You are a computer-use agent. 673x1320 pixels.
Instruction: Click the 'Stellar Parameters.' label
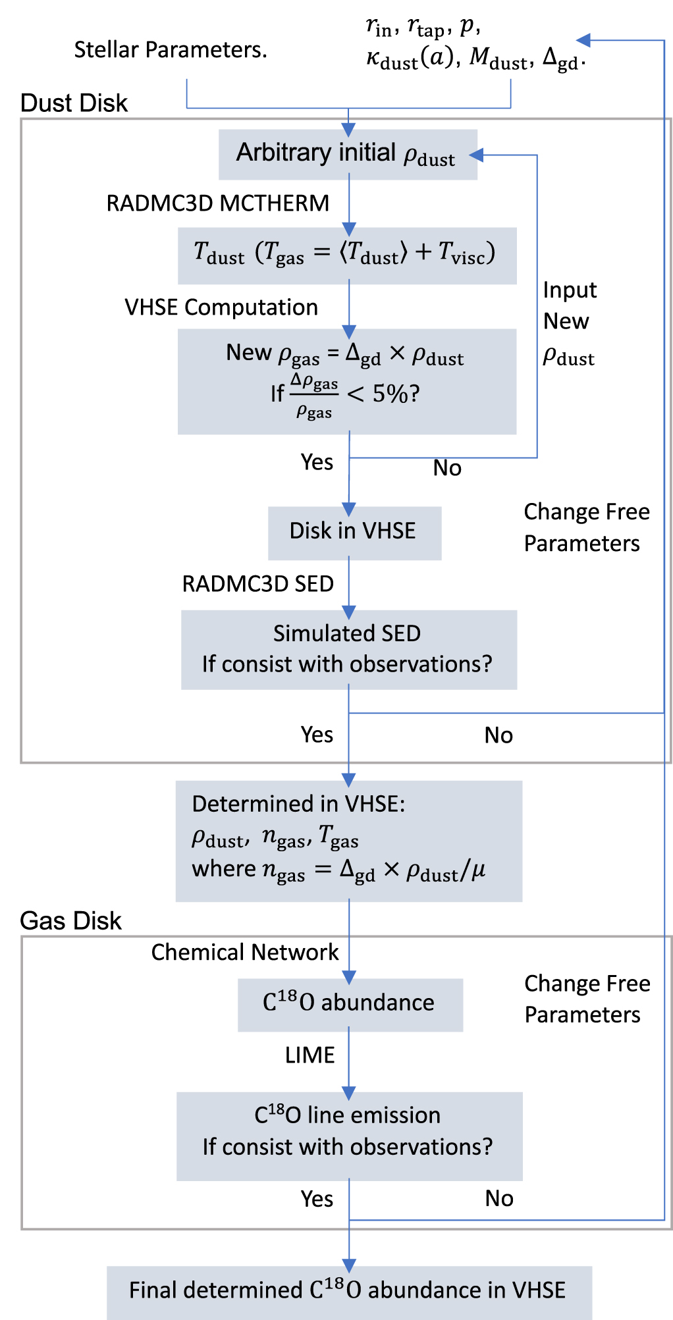point(171,50)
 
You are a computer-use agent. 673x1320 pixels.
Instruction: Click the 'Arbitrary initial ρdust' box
point(347,154)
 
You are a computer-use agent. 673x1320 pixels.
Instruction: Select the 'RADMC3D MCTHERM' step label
point(217,203)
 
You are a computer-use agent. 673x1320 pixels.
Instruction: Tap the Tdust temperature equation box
point(346,255)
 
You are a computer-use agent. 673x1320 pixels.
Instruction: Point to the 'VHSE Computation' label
point(221,307)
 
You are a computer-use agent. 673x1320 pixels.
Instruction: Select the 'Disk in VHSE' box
point(354,532)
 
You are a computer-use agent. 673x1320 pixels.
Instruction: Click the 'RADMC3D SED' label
point(257,584)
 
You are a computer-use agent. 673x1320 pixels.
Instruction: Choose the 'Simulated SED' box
point(348,648)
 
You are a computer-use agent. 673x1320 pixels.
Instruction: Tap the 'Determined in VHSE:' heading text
point(298,804)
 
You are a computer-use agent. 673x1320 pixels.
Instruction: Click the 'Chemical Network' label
point(245,953)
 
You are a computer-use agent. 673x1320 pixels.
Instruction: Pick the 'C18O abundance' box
point(350,1003)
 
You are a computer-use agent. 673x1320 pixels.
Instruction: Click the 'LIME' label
point(310,1055)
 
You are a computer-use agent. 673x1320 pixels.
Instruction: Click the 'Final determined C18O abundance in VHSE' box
point(348,1290)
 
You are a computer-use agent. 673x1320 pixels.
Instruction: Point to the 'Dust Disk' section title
point(74,103)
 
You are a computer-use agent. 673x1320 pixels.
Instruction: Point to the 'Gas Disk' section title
point(70,921)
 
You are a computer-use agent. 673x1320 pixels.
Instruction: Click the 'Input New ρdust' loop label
point(569,323)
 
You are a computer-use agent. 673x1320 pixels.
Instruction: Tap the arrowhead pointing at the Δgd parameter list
point(583,40)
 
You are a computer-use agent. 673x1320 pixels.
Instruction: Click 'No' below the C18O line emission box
point(498,1198)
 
